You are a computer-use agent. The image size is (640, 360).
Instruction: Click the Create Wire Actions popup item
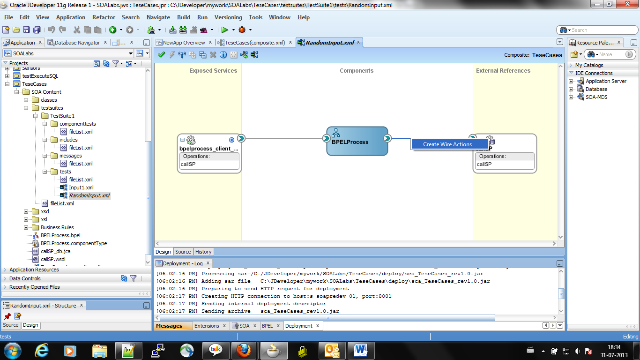[x=447, y=144]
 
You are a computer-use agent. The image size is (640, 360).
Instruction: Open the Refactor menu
[x=104, y=17]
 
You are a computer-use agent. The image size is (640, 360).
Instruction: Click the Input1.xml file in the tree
[x=81, y=187]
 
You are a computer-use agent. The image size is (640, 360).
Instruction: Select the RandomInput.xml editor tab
[x=329, y=43]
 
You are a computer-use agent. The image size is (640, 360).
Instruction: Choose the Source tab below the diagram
[x=183, y=252]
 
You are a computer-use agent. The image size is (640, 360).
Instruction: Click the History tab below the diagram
[x=203, y=252]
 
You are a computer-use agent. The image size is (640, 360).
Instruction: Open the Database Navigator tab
[x=77, y=43]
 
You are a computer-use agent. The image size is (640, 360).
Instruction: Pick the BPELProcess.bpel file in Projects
[x=60, y=235]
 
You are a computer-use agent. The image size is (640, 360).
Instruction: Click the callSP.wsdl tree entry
[x=53, y=259]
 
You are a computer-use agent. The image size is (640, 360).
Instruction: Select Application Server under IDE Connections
[x=605, y=81]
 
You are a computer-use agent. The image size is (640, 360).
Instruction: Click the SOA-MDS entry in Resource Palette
[x=596, y=97]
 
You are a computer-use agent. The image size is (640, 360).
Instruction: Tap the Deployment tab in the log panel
[x=298, y=326]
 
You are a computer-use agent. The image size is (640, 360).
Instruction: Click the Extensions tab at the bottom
[x=207, y=326]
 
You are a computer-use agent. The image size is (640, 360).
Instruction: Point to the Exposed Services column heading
[x=213, y=71]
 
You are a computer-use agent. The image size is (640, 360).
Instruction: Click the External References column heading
[x=503, y=71]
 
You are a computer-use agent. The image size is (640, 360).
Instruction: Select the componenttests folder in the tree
[x=77, y=124]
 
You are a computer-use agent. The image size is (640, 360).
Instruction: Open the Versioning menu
[x=228, y=17]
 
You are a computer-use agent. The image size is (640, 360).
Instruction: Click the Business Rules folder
[x=57, y=227]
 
